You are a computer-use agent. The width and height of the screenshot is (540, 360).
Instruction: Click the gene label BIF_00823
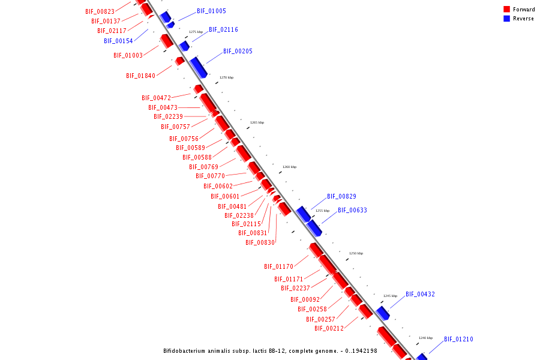(100, 11)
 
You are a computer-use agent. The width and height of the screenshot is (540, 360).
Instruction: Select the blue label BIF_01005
(211, 11)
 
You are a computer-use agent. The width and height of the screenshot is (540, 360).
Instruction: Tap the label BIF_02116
(223, 30)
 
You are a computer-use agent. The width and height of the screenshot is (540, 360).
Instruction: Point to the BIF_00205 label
(238, 52)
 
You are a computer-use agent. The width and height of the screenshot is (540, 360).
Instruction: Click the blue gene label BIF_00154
(118, 41)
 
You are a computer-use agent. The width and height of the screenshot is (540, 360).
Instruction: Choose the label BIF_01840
(140, 76)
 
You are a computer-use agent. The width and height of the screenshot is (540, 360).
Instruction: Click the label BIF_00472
(156, 98)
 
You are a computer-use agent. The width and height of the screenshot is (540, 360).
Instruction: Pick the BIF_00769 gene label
(203, 167)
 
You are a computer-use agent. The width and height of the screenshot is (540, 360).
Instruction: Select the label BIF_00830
(260, 243)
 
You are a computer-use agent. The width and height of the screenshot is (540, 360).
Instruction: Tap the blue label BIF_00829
(341, 197)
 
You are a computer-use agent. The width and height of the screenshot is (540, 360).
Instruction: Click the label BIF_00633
(352, 211)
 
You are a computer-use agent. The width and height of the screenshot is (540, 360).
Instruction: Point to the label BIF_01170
(278, 267)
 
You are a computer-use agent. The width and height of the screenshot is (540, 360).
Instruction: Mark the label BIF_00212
(329, 329)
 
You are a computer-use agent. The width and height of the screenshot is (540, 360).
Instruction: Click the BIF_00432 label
(420, 295)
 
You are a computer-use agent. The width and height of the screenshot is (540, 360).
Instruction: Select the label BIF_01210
(458, 340)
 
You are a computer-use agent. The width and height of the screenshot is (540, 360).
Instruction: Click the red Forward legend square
(506, 9)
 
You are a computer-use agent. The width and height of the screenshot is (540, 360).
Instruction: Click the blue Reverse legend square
(506, 19)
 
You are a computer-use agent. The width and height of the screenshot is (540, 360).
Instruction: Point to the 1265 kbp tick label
(257, 122)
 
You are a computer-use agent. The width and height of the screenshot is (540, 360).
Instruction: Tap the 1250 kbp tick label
(356, 253)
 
